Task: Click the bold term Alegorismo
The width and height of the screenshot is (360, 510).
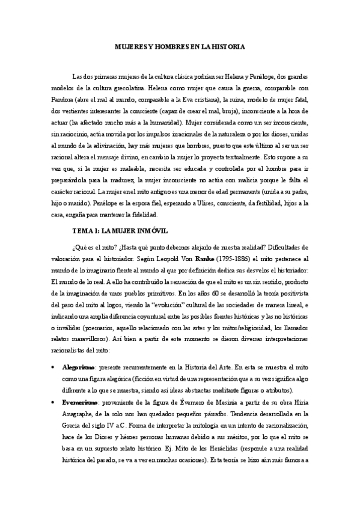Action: point(79,366)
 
